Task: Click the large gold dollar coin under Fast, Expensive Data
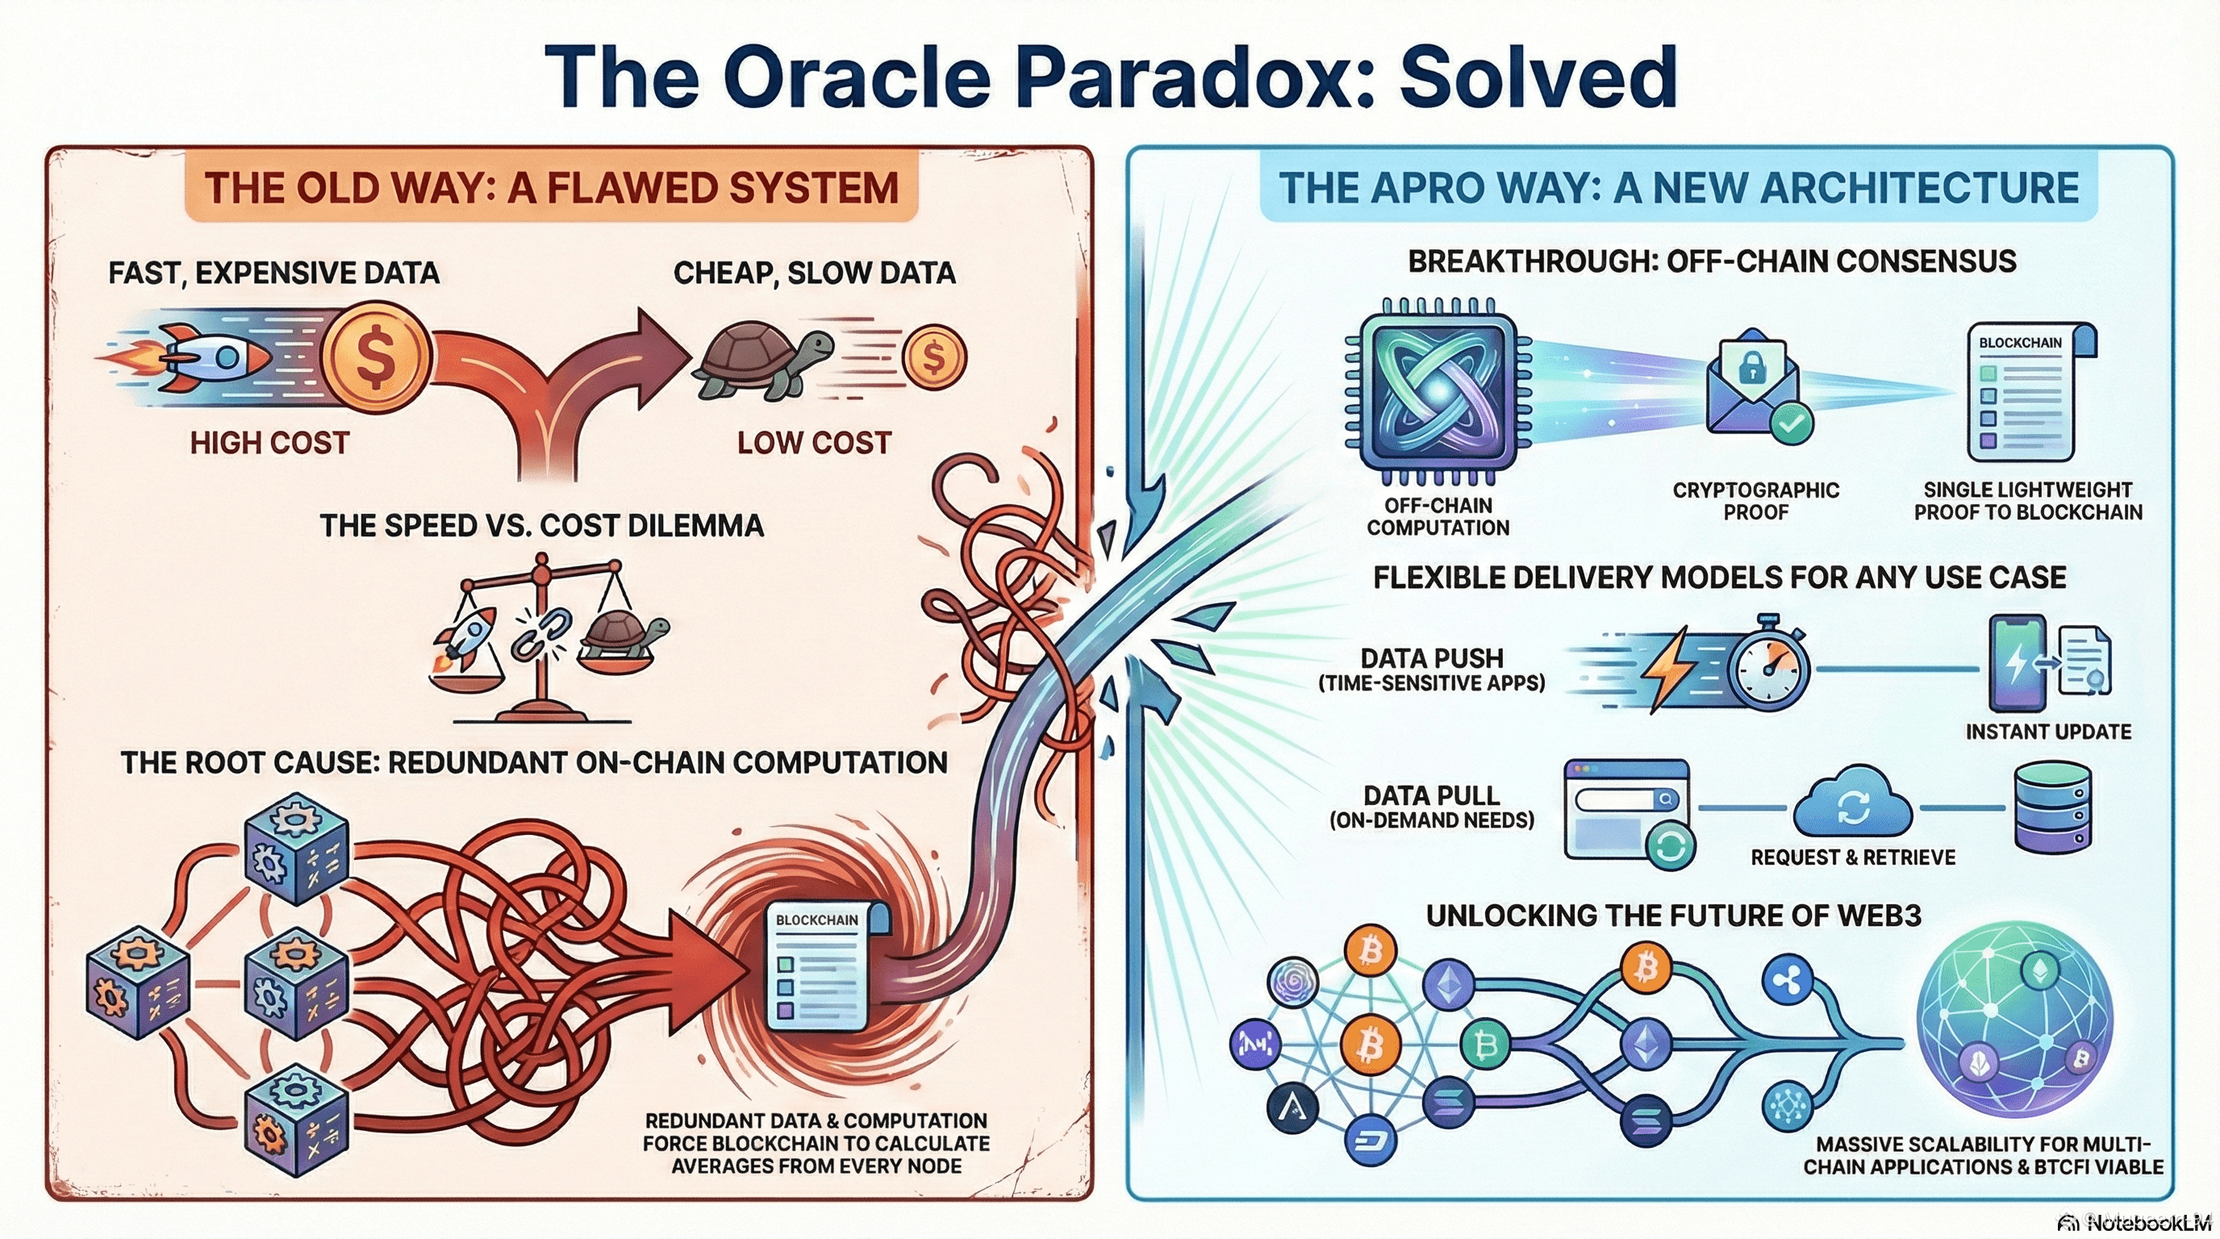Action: (x=375, y=356)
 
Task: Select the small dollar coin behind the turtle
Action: (x=933, y=356)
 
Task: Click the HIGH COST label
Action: (x=269, y=443)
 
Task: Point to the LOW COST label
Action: (x=813, y=443)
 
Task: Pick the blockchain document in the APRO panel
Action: (x=2030, y=392)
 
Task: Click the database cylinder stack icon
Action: (x=2052, y=807)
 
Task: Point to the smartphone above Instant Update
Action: (x=2017, y=662)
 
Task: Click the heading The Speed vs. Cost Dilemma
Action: (x=541, y=525)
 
